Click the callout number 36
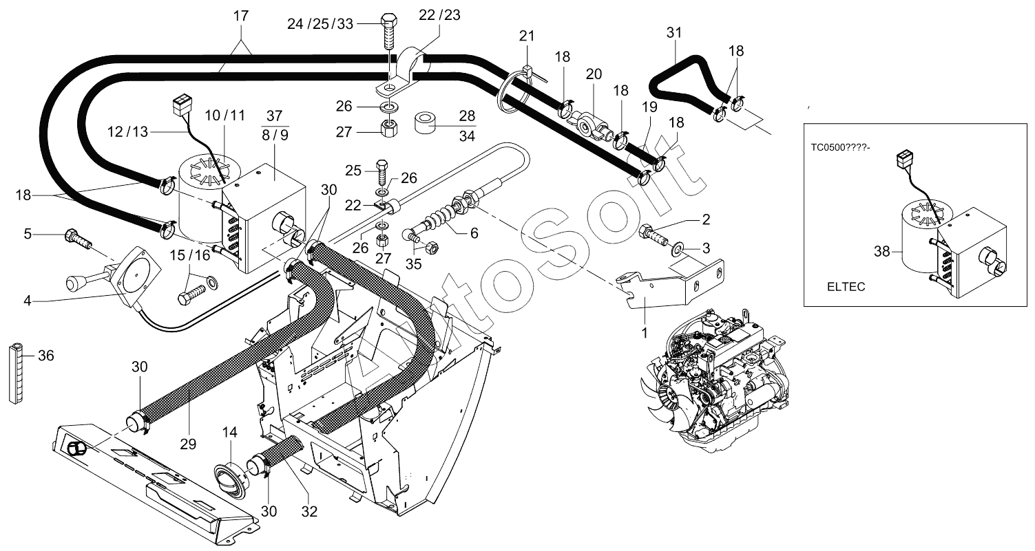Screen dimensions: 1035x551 pyautogui.click(x=46, y=356)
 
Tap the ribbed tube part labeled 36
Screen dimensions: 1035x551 pyautogui.click(x=16, y=374)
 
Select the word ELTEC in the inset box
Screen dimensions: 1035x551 pyautogui.click(x=846, y=287)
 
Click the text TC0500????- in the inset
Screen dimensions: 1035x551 pyautogui.click(x=841, y=148)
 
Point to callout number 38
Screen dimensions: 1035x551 pyautogui.click(x=881, y=252)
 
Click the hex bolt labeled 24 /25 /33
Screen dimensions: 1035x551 pyautogui.click(x=389, y=32)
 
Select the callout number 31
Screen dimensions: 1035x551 pyautogui.click(x=674, y=33)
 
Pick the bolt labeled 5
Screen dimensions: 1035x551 pyautogui.click(x=79, y=238)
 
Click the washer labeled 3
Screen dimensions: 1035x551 pyautogui.click(x=678, y=250)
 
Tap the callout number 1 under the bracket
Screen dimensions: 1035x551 pyautogui.click(x=645, y=332)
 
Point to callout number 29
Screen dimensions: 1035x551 pyautogui.click(x=188, y=444)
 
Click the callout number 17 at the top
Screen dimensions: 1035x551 pyautogui.click(x=241, y=16)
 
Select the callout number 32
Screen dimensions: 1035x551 pyautogui.click(x=309, y=511)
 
